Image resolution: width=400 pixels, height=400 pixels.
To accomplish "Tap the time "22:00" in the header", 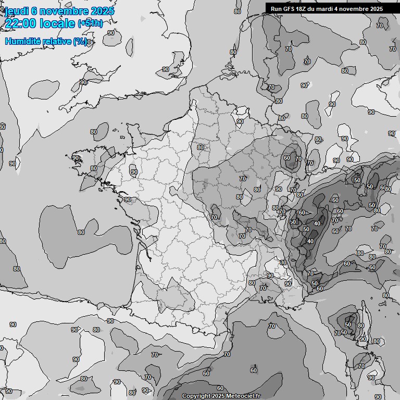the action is point(21,23).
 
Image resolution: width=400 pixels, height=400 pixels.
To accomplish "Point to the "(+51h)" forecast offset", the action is point(91,23).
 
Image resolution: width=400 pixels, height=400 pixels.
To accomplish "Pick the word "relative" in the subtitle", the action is point(57,42).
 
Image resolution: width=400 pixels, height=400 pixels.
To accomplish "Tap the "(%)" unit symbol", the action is point(80,42).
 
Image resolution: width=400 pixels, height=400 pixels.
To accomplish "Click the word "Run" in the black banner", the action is point(276,9).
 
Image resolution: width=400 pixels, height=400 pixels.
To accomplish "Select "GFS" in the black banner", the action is point(290,9).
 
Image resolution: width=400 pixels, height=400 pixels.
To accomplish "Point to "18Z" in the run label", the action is point(303,9).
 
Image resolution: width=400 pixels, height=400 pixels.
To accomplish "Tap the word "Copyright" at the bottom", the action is point(196,396).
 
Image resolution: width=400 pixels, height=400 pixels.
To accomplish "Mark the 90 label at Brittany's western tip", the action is point(76,158).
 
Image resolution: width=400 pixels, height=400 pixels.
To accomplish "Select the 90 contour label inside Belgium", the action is point(240,121).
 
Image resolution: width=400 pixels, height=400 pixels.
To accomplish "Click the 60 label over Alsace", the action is point(286,158).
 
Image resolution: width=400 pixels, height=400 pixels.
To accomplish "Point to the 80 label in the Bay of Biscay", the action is point(81,232).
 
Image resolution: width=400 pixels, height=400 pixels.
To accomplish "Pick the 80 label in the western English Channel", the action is point(94,132).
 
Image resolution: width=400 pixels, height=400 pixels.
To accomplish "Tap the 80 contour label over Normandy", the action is point(201,147).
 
